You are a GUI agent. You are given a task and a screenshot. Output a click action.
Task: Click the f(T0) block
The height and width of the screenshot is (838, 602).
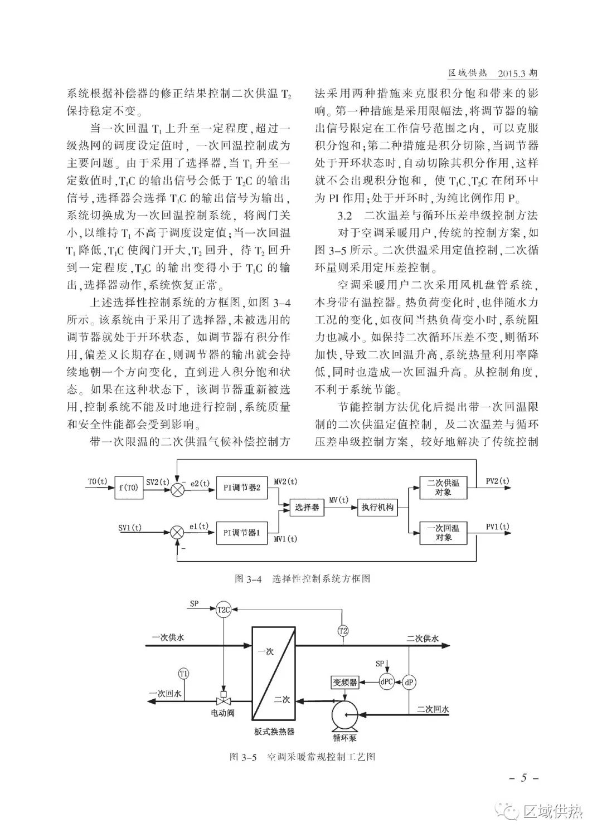coord(129,488)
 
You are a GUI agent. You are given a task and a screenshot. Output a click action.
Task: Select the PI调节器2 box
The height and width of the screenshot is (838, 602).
coord(242,488)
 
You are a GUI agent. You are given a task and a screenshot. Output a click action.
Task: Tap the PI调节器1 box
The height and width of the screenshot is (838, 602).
coord(242,533)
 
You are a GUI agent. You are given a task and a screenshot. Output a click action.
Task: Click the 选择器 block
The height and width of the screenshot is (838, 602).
coord(307,507)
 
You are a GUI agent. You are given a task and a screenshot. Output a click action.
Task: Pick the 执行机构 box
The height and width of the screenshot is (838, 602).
coord(377,507)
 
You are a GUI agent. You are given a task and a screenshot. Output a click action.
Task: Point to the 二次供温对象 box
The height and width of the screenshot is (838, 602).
coord(443,488)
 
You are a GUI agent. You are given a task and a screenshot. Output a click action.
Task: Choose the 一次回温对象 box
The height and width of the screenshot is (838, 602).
coord(443,533)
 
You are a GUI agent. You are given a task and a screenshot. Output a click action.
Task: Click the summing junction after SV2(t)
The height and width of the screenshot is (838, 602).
coord(177,488)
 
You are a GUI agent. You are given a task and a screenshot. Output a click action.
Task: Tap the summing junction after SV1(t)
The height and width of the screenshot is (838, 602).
coord(177,533)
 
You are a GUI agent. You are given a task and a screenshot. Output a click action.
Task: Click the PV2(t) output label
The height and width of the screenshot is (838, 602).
coord(497,481)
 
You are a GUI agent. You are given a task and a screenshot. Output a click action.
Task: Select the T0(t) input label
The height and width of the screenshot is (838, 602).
coord(98,481)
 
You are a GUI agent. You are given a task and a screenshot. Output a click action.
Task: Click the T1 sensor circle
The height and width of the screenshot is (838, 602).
coord(183,675)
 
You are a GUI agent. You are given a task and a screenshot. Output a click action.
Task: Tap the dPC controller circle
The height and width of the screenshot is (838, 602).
coord(386,682)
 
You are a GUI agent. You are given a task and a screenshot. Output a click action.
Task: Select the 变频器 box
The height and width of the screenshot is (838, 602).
coord(344,683)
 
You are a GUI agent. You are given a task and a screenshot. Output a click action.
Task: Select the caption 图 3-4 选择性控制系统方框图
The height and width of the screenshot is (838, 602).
coord(302,579)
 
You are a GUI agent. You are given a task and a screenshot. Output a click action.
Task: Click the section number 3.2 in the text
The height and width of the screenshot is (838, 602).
coord(344,216)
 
